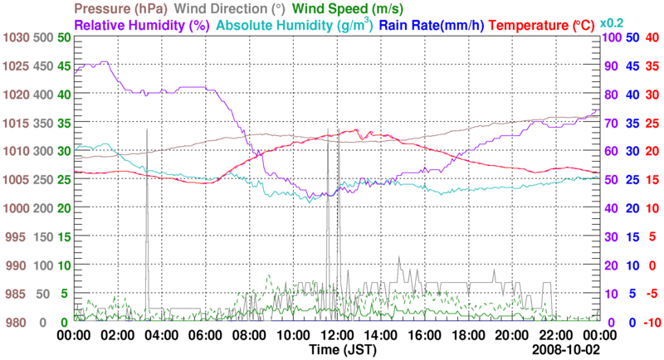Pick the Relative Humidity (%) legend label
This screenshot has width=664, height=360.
click(139, 25)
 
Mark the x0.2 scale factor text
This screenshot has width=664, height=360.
click(613, 22)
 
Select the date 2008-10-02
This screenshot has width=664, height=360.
click(568, 350)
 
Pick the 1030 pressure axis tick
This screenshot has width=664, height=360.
click(16, 37)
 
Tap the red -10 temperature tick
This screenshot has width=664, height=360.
click(652, 322)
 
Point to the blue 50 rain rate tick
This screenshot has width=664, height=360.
click(631, 37)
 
